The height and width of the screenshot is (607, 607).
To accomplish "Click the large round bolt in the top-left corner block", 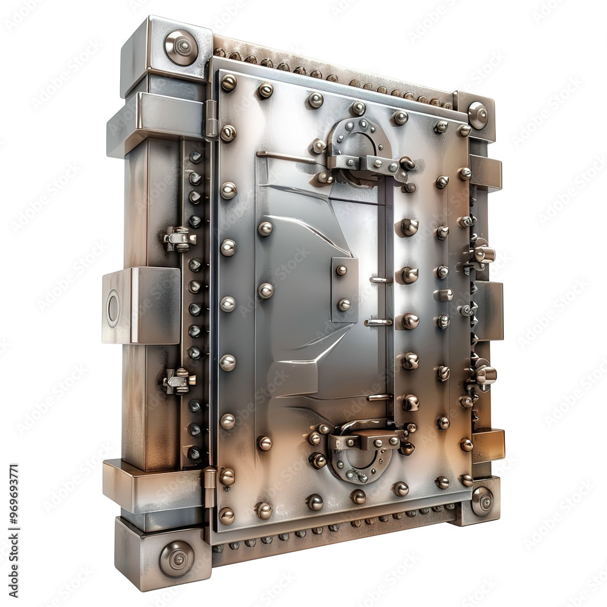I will click(181, 47).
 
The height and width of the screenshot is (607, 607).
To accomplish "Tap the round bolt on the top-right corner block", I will click(478, 115).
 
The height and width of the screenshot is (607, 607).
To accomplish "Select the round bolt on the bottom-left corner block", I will click(177, 558).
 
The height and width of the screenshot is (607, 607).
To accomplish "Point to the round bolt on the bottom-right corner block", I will click(483, 501).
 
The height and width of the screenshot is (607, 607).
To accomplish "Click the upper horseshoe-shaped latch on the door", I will click(359, 149).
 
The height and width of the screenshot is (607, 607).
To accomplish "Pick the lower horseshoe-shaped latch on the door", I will click(362, 452).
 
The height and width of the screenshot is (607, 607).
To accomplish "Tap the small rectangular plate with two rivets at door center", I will click(344, 288).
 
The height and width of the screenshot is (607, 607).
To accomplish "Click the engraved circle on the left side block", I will click(114, 308).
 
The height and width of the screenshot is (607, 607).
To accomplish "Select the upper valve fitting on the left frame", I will click(179, 239).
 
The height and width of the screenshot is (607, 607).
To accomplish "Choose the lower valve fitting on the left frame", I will click(179, 381).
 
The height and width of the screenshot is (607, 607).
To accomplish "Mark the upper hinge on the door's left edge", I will click(211, 118).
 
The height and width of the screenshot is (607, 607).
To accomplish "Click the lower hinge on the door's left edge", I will click(209, 486).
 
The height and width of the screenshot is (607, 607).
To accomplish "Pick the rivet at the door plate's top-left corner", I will click(228, 83).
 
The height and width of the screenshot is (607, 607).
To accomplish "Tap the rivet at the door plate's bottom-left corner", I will click(226, 515).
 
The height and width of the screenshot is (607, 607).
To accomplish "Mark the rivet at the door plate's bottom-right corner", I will click(466, 480).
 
